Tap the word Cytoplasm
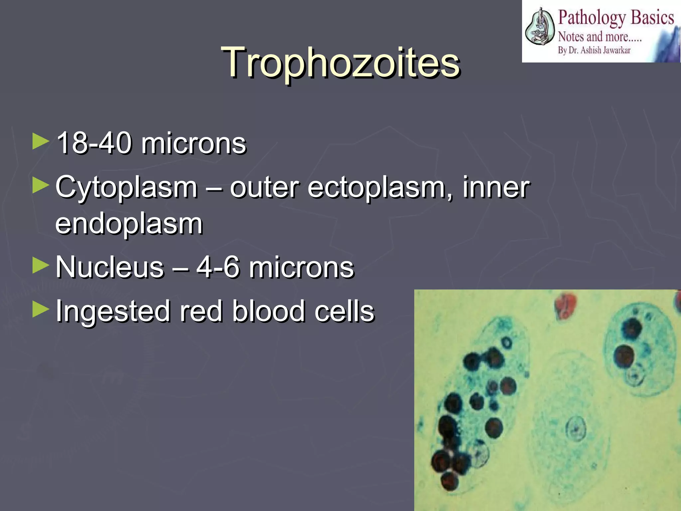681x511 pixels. point(126,187)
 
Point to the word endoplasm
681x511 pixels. point(129,224)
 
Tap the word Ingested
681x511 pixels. point(113,311)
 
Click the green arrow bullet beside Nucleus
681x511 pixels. point(41,266)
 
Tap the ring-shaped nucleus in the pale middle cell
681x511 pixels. point(576,429)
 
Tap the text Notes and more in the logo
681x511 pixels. point(599,36)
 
